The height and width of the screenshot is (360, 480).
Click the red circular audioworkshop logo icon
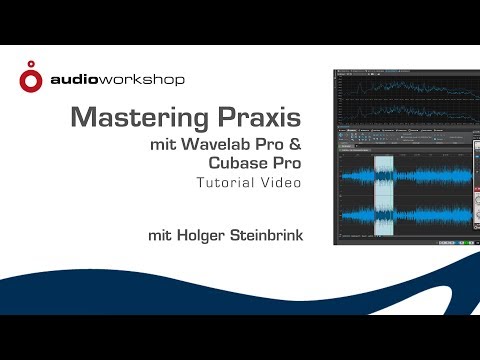click(x=33, y=78)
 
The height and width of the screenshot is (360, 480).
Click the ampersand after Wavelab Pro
click(x=294, y=146)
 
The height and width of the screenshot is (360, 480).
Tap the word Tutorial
click(x=227, y=183)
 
